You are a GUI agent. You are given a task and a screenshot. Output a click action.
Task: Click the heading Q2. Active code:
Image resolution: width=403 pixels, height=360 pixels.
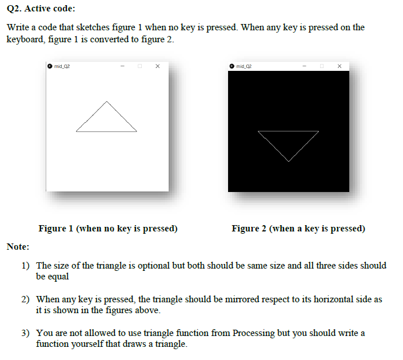[x=41, y=9]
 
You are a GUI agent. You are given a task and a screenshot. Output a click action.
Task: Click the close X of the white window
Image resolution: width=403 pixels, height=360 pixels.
[x=157, y=66]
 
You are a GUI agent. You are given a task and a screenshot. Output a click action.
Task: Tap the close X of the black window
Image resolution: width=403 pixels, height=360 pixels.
[x=340, y=66]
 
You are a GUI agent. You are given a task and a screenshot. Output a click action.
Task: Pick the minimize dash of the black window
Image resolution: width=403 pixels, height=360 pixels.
[x=305, y=66]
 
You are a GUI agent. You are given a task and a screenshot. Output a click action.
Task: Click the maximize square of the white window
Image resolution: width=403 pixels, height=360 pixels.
[x=139, y=66]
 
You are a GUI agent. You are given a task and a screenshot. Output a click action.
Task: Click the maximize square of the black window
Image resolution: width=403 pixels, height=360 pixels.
[x=322, y=66]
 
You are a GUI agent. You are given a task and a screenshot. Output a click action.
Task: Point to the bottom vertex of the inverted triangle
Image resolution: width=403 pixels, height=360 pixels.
[x=288, y=161]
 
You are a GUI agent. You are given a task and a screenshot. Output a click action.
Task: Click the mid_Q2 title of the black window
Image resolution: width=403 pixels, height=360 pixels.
[x=244, y=66]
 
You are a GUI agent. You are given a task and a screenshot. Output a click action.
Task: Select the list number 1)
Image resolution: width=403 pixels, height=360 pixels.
[x=26, y=266]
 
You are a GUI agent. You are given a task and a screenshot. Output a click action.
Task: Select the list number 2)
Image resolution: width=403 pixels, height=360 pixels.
[x=26, y=299]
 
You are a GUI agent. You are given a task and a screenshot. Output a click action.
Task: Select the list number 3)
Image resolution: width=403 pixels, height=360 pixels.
[x=26, y=333]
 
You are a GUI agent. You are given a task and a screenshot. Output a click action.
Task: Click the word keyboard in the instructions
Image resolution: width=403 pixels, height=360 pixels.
[x=24, y=39]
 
